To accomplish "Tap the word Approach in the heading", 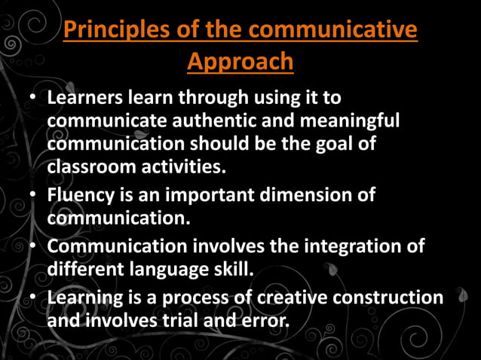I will (240, 62).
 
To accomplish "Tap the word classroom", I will (93, 166).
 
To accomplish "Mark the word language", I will (180, 268).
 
